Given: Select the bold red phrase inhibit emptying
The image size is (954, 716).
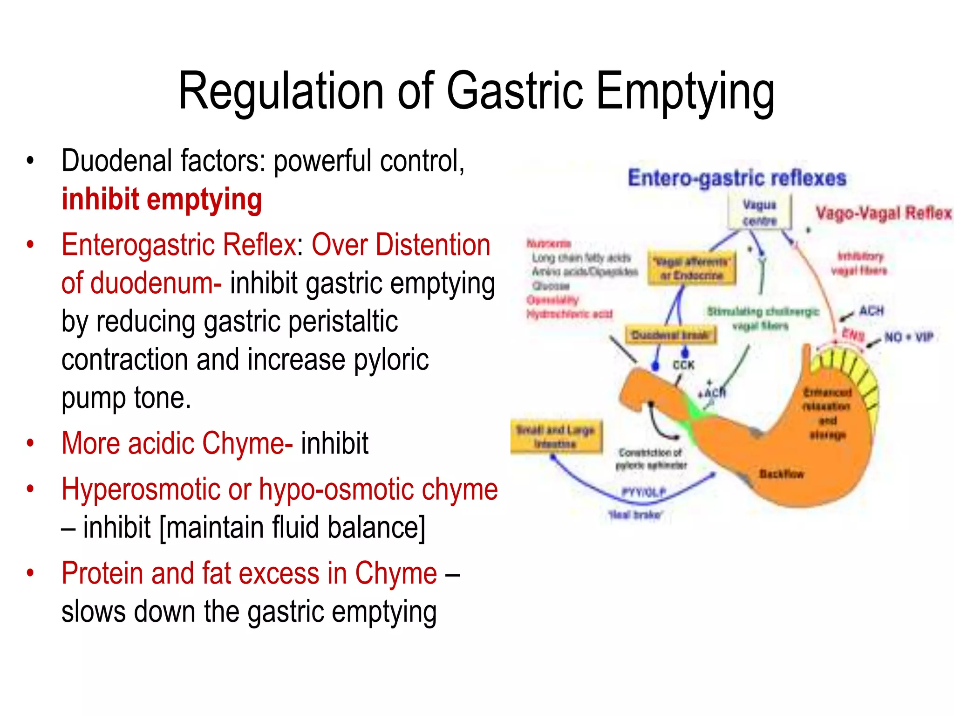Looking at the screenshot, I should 162,200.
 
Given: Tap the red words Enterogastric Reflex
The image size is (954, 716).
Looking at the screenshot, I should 179,245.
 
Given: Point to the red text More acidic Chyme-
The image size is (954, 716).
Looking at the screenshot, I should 177,443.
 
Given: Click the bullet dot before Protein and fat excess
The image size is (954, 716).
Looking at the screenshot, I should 30,573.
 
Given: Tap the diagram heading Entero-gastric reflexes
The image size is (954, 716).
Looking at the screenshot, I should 736,179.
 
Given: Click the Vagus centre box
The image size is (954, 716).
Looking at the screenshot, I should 759,213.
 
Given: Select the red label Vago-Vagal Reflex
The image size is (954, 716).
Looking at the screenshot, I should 883,213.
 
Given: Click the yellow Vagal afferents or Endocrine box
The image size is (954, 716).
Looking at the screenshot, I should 691,269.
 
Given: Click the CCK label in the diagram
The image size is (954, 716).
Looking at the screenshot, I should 683,365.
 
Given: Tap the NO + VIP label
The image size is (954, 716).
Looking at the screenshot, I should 908,337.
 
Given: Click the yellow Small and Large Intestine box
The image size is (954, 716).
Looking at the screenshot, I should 555,437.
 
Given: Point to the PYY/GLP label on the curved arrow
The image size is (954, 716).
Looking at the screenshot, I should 644,492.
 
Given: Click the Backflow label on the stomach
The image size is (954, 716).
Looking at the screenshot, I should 781,474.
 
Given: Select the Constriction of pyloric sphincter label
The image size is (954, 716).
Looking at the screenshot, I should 651,459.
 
